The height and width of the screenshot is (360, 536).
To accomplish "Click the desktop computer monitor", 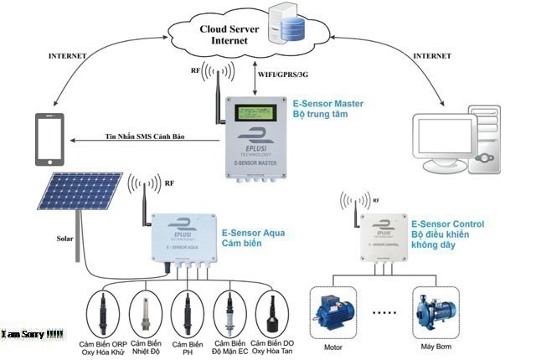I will pyautogui.click(x=451, y=132).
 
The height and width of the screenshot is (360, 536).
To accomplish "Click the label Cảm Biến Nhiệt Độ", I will pyautogui.click(x=147, y=348).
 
